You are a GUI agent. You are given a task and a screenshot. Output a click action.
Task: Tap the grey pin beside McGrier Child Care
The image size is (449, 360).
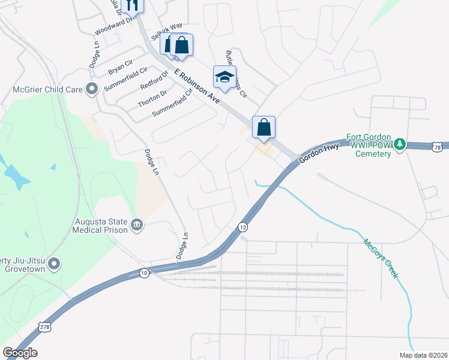tap(92, 89)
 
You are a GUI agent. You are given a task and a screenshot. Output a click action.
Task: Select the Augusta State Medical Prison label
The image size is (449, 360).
tap(100, 225)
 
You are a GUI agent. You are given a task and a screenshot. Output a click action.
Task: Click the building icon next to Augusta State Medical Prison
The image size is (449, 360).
tap(137, 224)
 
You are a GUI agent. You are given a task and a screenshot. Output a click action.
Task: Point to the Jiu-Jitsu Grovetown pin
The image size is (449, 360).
tap(54, 263)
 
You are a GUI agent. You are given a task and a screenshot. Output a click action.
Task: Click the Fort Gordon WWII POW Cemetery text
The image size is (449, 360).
tap(369, 145)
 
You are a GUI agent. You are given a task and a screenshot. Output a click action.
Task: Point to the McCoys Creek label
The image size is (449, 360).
tap(379, 259)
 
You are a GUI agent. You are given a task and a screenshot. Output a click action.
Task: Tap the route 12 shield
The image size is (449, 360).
tap(243, 227)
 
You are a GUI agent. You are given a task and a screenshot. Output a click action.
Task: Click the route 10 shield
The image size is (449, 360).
tap(144, 273)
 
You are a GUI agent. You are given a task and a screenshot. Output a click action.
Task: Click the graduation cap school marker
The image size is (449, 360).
tap(224, 77)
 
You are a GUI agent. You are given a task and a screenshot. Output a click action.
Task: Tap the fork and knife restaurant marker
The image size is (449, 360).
tap(132, 6)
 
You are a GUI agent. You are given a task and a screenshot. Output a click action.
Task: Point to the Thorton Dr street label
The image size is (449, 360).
tap(152, 97)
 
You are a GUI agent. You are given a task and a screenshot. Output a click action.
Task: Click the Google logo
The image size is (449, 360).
tap(20, 353)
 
